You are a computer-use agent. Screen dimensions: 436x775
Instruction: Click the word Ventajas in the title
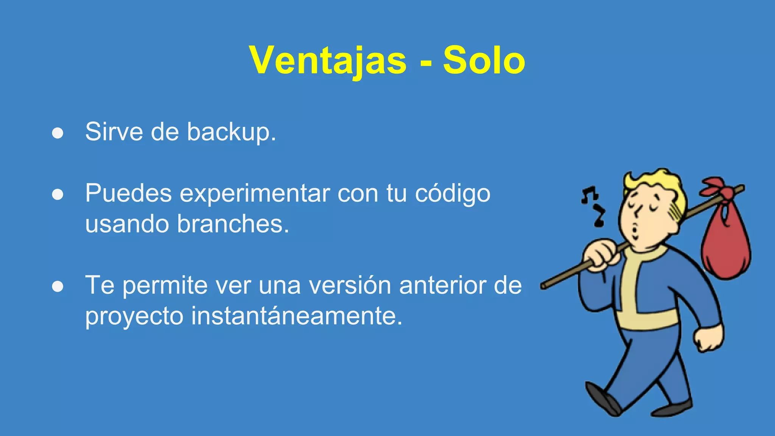(328, 61)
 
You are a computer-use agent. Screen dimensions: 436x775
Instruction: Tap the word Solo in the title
(484, 61)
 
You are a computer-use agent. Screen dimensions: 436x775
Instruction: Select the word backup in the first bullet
(231, 132)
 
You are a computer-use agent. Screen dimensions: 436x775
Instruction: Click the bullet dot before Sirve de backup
(58, 133)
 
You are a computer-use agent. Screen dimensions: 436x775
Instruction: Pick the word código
(453, 194)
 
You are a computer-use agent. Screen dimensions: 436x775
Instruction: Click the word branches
(233, 224)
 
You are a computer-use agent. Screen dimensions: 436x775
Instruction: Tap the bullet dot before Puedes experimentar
(58, 195)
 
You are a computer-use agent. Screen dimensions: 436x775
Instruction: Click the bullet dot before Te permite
(58, 287)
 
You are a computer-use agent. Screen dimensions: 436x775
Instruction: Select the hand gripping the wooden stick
(602, 255)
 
